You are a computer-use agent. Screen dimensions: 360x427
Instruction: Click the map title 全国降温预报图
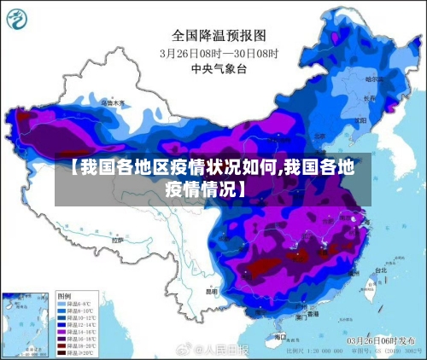click(219, 36)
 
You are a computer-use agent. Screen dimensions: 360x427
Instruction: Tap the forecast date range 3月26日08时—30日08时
click(219, 52)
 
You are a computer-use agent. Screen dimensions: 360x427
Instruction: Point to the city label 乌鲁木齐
click(113, 102)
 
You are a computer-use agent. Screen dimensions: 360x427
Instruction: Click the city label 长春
click(369, 98)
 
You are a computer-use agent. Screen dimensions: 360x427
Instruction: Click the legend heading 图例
click(65, 296)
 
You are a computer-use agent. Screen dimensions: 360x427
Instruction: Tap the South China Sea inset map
click(26, 324)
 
